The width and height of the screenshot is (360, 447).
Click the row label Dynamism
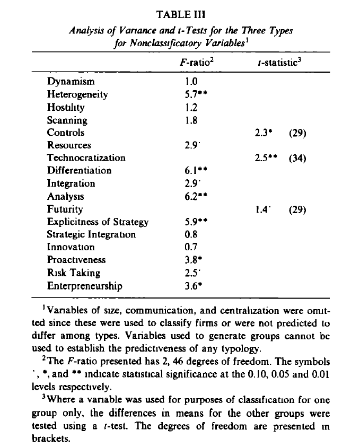pyautogui.click(x=71, y=82)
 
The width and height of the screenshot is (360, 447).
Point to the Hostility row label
pyautogui.click(x=66, y=107)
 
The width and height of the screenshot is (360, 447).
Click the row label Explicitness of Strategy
pyautogui.click(x=98, y=222)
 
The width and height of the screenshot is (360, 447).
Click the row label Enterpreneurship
pyautogui.click(x=85, y=285)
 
